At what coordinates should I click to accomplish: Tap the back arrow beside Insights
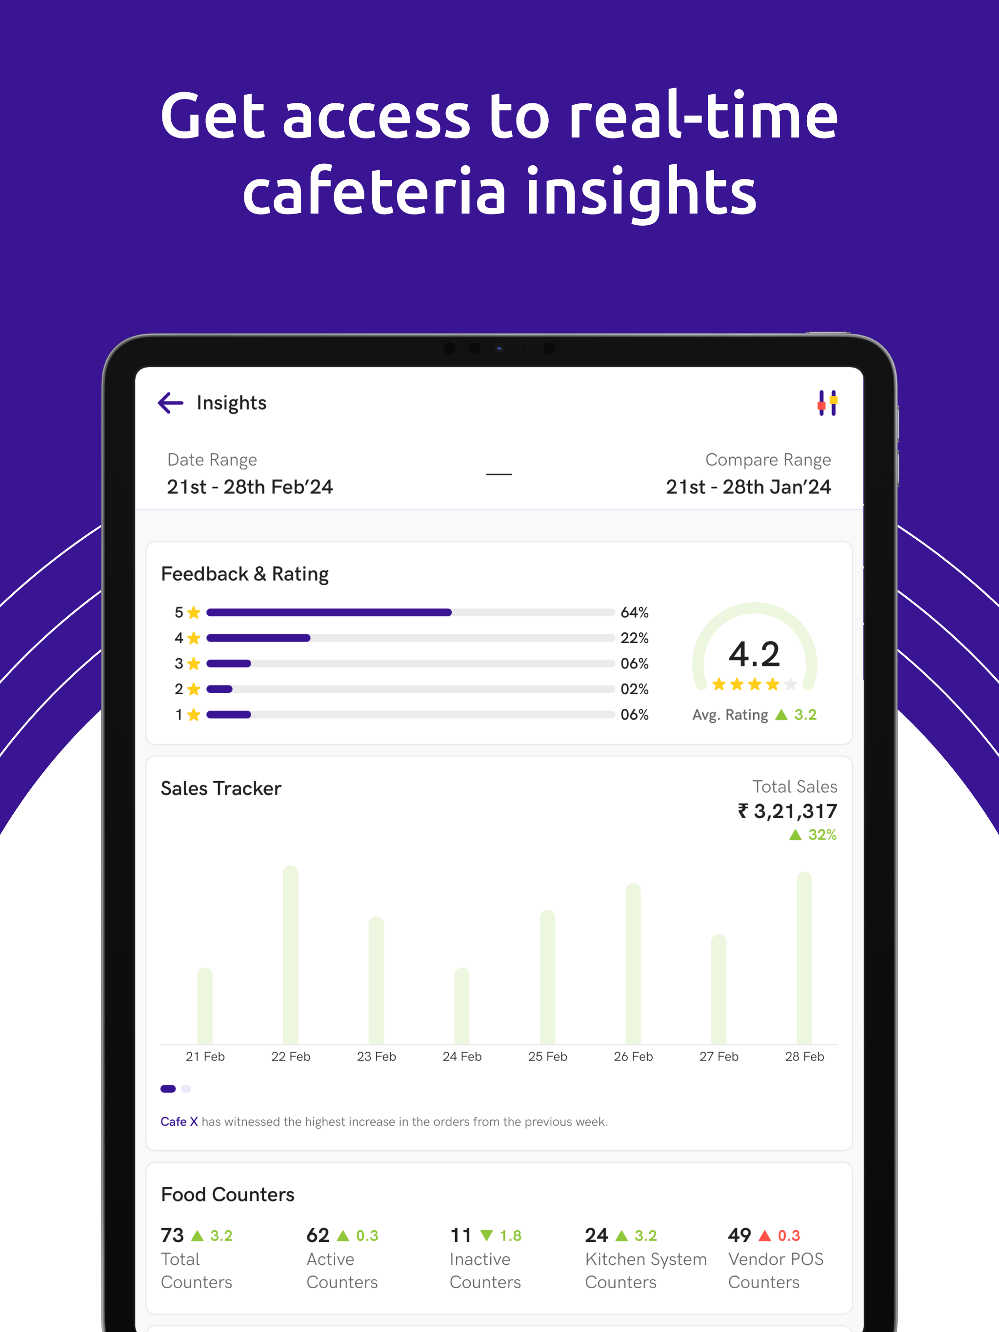click(x=171, y=403)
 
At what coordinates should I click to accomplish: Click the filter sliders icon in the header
click(x=827, y=403)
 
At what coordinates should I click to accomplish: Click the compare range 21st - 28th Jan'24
click(x=748, y=487)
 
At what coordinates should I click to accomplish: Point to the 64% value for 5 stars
click(x=635, y=612)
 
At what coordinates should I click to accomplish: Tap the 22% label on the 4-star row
click(x=635, y=638)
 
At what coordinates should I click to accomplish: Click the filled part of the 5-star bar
click(x=329, y=612)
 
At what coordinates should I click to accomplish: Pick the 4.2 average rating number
click(x=754, y=654)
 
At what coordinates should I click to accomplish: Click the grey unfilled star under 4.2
click(x=791, y=684)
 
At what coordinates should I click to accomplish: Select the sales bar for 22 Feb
click(x=290, y=955)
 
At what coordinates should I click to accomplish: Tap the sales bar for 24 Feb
click(x=461, y=1006)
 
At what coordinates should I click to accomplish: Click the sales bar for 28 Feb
click(x=804, y=958)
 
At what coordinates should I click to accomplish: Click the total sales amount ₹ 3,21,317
click(x=787, y=811)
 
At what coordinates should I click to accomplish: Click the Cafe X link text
click(x=179, y=1121)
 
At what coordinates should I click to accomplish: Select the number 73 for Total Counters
click(x=172, y=1235)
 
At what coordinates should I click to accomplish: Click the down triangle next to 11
click(x=486, y=1235)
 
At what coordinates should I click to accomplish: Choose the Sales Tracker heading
click(x=221, y=788)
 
